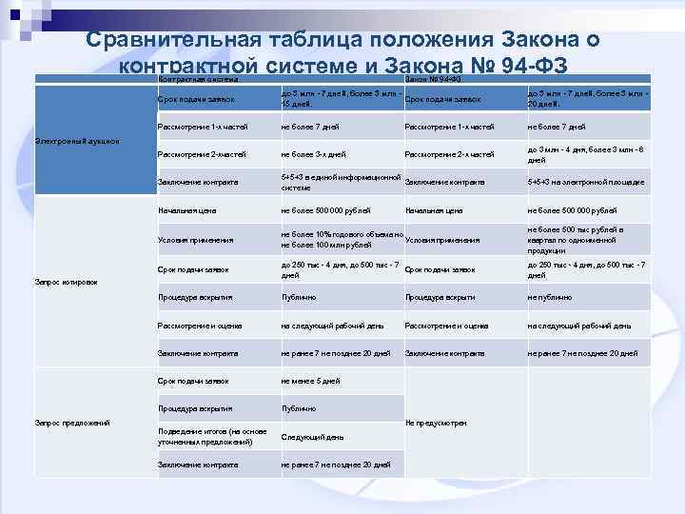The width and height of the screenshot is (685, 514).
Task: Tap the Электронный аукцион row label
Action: [77, 141]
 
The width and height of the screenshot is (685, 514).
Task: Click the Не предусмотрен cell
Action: [436, 422]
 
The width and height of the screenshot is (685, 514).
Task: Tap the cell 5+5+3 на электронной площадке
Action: [586, 182]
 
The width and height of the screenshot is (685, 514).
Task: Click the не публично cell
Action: [550, 297]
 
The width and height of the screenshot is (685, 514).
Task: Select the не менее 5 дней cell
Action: [310, 381]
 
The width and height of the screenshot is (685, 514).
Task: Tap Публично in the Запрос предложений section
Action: [299, 408]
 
